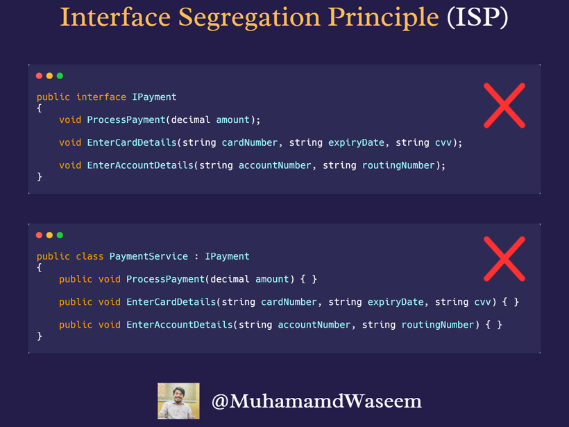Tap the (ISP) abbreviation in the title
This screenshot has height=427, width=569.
point(478,18)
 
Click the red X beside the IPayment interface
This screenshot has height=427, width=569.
point(504,105)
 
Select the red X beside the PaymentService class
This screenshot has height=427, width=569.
point(504,258)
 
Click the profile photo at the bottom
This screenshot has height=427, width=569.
point(178,401)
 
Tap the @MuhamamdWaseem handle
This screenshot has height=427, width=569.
point(316,401)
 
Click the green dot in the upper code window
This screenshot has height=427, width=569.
point(60,76)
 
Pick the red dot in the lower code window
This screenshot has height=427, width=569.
point(40,235)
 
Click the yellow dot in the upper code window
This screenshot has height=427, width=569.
point(49,76)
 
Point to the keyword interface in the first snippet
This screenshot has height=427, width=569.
point(101,97)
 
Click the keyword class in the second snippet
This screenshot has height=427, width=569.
point(90,256)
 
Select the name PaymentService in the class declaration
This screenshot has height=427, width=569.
point(148,256)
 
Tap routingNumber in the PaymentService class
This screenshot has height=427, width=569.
point(438,324)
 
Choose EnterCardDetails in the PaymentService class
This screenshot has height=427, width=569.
point(171,302)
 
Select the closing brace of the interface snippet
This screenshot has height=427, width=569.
point(40,177)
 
